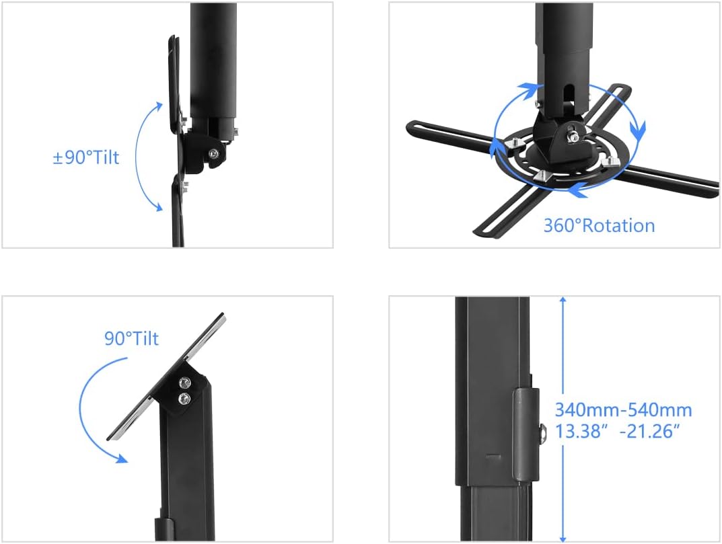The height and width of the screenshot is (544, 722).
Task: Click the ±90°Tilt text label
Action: point(85,158)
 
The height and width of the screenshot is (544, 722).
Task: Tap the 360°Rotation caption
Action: point(599,225)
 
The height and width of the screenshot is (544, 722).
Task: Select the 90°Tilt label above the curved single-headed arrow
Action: point(131,338)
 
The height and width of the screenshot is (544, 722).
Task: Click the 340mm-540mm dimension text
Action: point(623,410)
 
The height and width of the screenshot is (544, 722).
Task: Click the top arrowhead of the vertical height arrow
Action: point(563,301)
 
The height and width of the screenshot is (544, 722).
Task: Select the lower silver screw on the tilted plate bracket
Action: point(183,399)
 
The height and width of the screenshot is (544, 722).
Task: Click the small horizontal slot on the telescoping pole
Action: point(495,457)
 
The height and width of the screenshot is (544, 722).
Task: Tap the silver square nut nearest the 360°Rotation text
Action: point(542,176)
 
